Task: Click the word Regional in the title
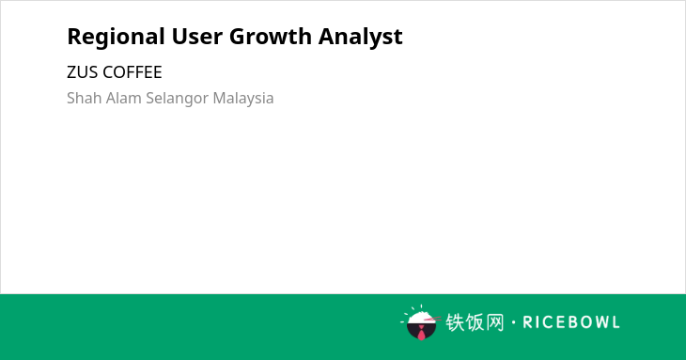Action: click(x=116, y=38)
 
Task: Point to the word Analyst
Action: click(x=361, y=38)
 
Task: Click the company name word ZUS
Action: click(x=83, y=72)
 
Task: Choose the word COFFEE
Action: click(x=133, y=72)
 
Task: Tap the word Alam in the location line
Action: click(x=124, y=98)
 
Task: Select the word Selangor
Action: click(x=178, y=99)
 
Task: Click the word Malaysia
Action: click(x=243, y=99)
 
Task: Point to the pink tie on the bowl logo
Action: click(x=421, y=333)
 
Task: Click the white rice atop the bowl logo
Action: click(x=421, y=317)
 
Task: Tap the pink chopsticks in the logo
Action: click(x=432, y=320)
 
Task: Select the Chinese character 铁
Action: click(x=455, y=322)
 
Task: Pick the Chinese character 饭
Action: click(x=475, y=322)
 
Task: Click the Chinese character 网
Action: click(x=494, y=322)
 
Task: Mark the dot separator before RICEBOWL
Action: click(x=514, y=322)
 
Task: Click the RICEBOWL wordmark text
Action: click(x=571, y=322)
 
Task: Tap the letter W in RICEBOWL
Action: click(x=600, y=322)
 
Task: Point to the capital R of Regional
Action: click(x=73, y=37)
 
